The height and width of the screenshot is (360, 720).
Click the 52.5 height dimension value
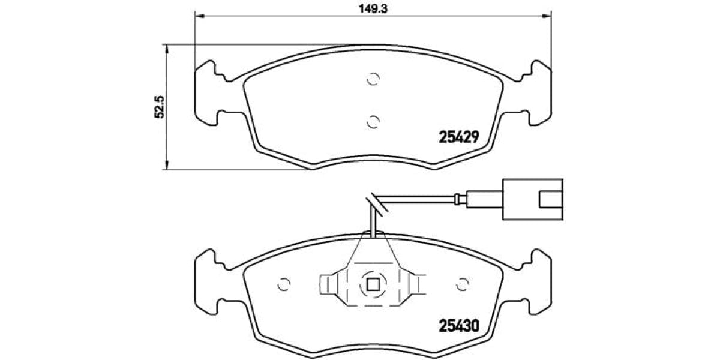point(159,106)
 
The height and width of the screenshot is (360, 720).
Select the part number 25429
point(458,137)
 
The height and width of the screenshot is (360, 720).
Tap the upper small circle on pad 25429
point(373,79)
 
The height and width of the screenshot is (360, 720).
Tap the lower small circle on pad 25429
point(373,122)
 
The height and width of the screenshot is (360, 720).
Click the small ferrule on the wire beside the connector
point(461,198)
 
